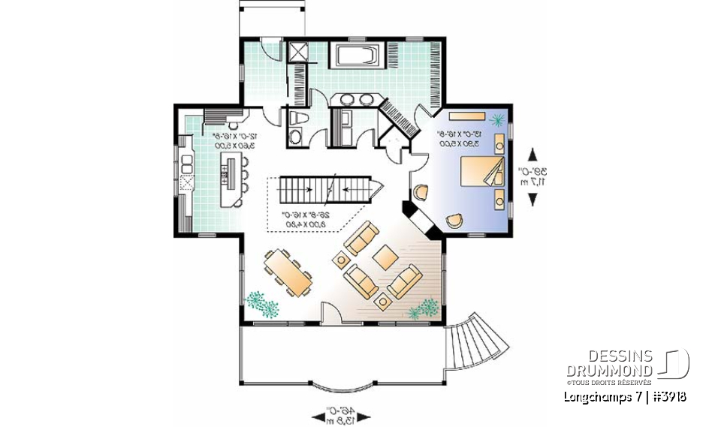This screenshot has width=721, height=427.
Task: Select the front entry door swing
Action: point(330,313)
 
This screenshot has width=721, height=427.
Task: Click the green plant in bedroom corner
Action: point(496,119)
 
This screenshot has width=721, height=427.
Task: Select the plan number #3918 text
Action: point(667,396)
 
